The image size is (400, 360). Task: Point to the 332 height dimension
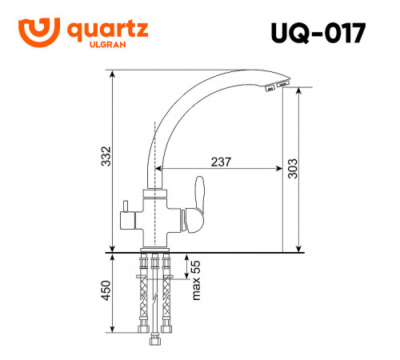(x=104, y=160)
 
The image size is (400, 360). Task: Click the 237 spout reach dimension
(x=222, y=162)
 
